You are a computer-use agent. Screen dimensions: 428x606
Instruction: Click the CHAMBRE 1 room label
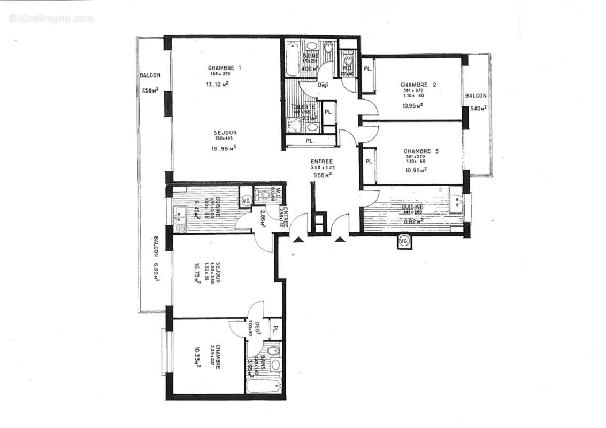point(224,68)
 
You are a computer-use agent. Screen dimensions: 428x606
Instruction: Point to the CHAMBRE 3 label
point(421,151)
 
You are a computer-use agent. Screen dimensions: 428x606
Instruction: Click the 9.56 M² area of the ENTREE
point(321,174)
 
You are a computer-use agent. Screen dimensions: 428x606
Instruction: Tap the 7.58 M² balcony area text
point(150,90)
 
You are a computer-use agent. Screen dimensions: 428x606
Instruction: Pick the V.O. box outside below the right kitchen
point(404,242)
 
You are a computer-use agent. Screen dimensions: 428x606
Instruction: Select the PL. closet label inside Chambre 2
point(368,69)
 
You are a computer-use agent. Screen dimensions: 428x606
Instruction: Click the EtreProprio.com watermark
point(51,18)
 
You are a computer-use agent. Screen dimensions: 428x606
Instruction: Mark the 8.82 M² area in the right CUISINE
point(412,220)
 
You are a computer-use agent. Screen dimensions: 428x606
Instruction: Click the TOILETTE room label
point(303,107)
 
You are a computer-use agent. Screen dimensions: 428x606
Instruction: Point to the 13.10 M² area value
point(218,85)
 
